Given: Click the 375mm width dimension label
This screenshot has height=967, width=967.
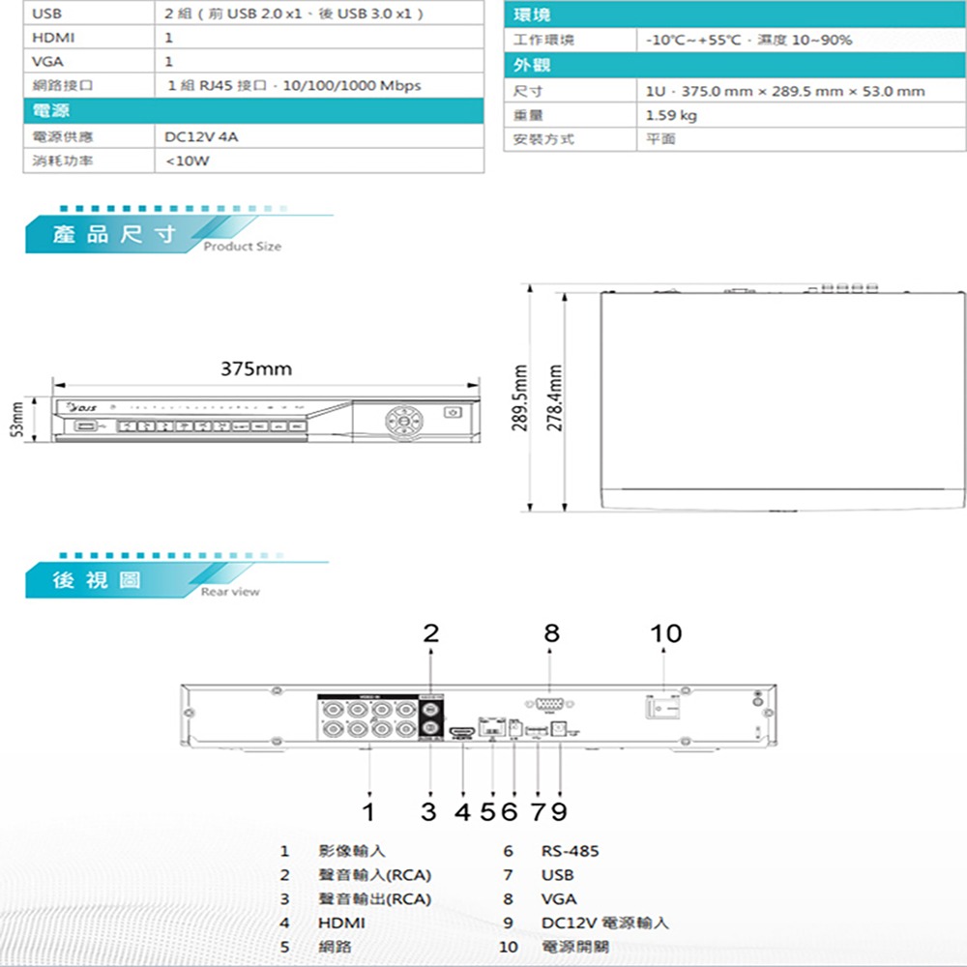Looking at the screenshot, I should coord(256,369).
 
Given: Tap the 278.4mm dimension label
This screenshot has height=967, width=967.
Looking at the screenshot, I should coord(554,397).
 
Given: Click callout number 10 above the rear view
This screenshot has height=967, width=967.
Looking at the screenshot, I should coord(665,633).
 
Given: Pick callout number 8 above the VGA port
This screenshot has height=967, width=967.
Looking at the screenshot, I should coord(550,633).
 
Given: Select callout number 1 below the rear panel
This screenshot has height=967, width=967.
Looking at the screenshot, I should coord(368,808).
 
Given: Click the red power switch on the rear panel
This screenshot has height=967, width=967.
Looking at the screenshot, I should coord(663,708).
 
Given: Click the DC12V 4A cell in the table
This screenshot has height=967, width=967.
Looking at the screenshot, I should coord(202,136).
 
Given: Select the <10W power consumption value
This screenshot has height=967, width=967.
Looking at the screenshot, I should coord(187,161).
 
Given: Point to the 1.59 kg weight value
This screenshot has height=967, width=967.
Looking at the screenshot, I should coord(670,115).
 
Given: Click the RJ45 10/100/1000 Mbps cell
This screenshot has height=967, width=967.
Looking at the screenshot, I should coord(294,86).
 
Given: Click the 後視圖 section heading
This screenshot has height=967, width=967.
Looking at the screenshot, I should coord(97,579).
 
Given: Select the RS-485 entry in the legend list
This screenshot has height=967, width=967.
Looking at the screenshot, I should coord(570,851).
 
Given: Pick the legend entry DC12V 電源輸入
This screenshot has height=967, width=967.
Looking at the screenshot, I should coord(604,923).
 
